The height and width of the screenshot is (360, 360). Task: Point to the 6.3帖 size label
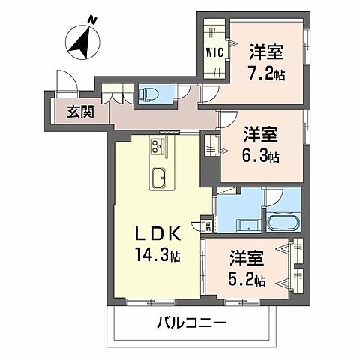click(x=262, y=157)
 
